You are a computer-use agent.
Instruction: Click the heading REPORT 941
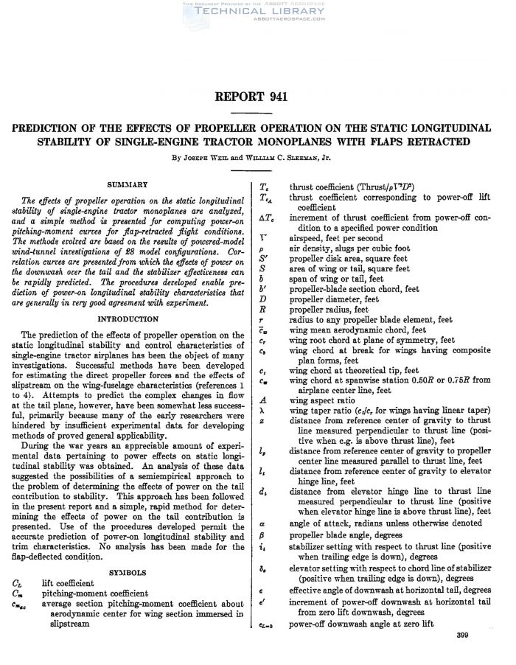pyautogui.click(x=257, y=97)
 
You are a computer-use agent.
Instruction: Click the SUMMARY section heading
pyautogui.click(x=128, y=184)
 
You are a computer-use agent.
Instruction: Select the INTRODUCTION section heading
pyautogui.click(x=128, y=319)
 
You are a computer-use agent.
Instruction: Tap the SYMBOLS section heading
pyautogui.click(x=128, y=571)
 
